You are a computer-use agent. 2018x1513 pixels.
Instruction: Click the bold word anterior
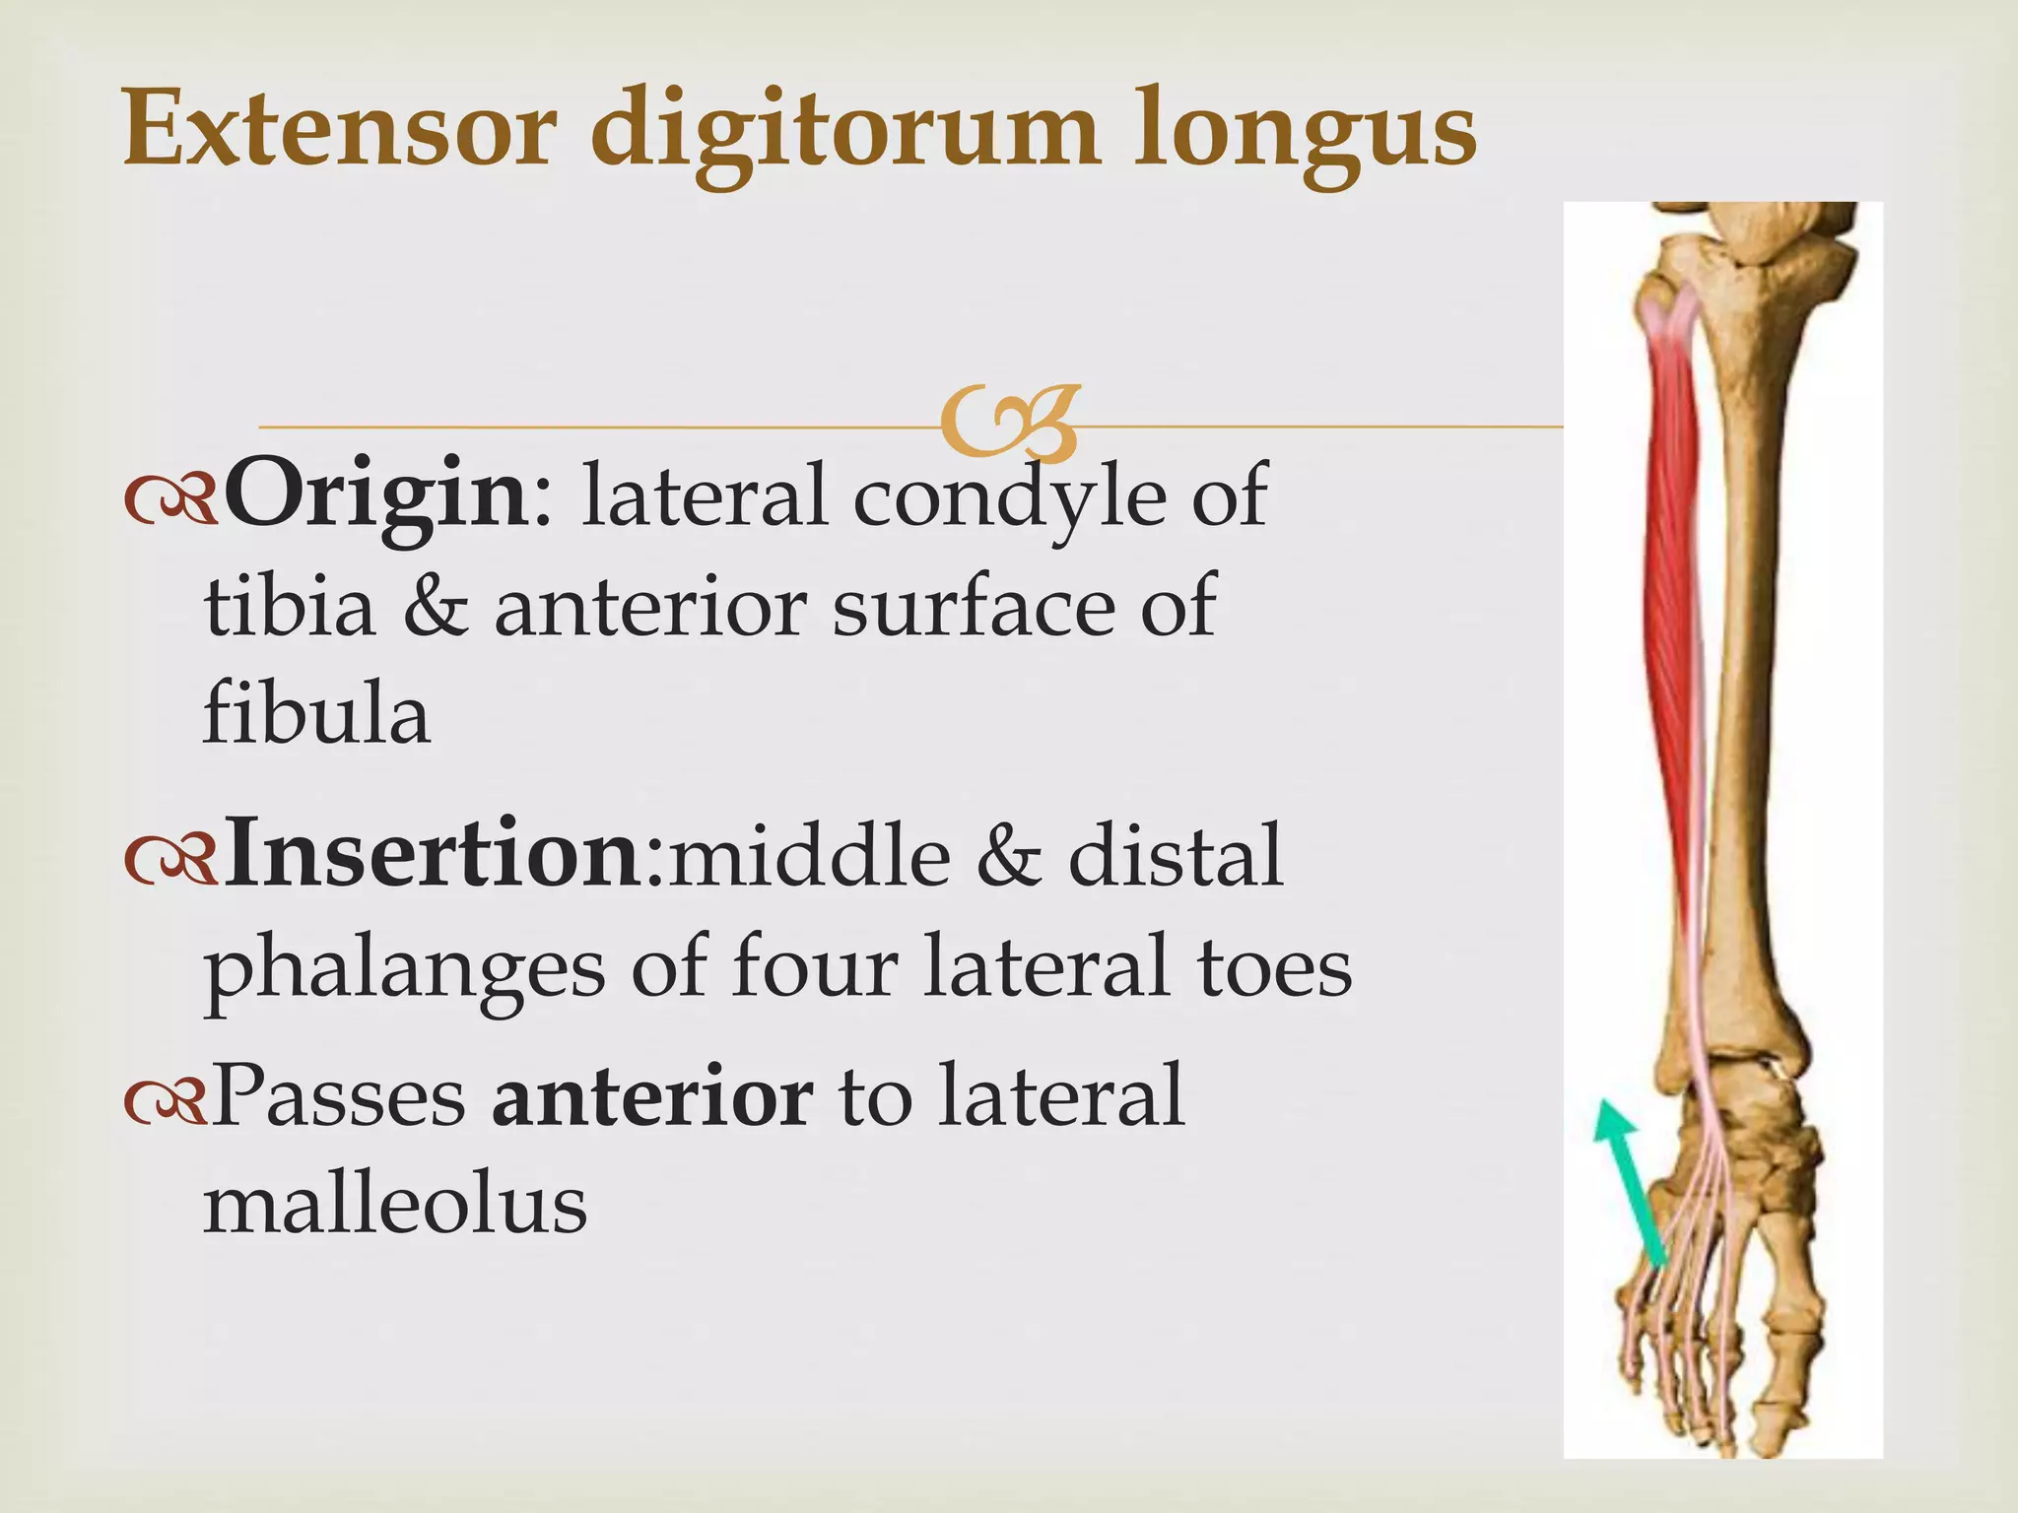[x=652, y=1095]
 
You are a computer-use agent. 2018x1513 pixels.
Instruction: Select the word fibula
[x=316, y=713]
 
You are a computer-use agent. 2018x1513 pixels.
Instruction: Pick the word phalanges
[x=404, y=970]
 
